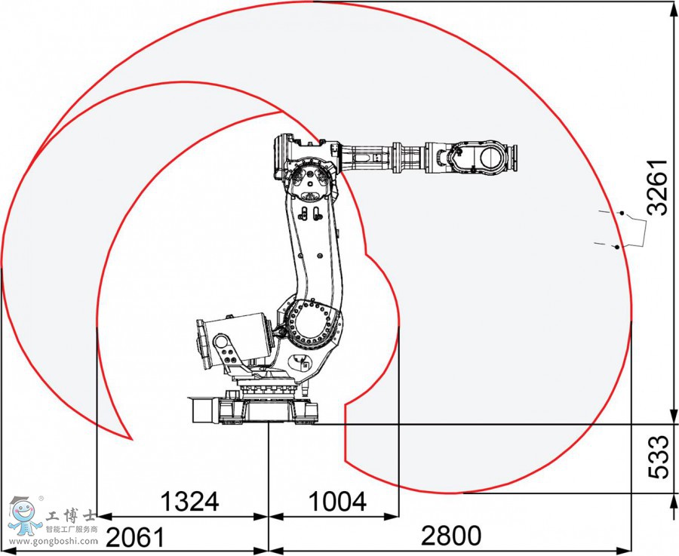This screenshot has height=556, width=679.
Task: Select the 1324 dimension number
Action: click(x=189, y=502)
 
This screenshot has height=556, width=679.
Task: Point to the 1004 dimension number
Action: click(x=337, y=502)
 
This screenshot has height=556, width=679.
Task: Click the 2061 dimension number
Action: click(x=136, y=537)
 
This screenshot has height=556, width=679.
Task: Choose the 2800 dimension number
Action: click(x=451, y=536)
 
